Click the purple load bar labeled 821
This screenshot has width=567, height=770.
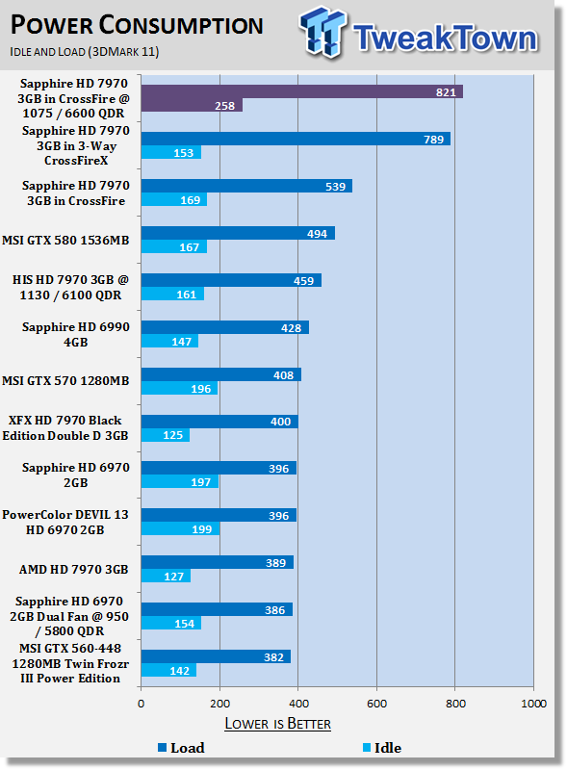click(x=301, y=91)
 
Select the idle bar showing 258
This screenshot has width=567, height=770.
click(x=192, y=105)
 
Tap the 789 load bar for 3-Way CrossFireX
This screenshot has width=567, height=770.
click(x=296, y=139)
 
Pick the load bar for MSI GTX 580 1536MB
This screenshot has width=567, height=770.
click(x=238, y=233)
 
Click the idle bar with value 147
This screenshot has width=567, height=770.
click(x=170, y=341)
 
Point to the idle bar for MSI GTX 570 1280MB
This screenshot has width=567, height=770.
click(x=180, y=388)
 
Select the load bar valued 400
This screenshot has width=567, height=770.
click(x=219, y=422)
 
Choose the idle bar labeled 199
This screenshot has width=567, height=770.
click(x=180, y=528)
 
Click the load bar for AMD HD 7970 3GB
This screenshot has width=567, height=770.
click(x=218, y=562)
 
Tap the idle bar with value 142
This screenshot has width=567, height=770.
click(x=169, y=670)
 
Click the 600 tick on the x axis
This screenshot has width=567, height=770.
click(x=376, y=704)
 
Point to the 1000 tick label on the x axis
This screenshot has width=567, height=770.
click(x=533, y=704)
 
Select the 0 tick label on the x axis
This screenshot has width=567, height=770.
click(x=141, y=704)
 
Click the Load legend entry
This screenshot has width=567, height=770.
click(x=181, y=748)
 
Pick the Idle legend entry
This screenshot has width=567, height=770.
click(x=382, y=748)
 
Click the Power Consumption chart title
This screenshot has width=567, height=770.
click(x=137, y=26)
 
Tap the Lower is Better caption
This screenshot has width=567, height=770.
click(x=277, y=724)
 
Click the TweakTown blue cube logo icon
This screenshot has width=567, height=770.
click(x=322, y=32)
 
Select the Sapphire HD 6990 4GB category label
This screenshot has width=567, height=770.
click(x=76, y=334)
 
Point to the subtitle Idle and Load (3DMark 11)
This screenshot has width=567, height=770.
click(x=85, y=52)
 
